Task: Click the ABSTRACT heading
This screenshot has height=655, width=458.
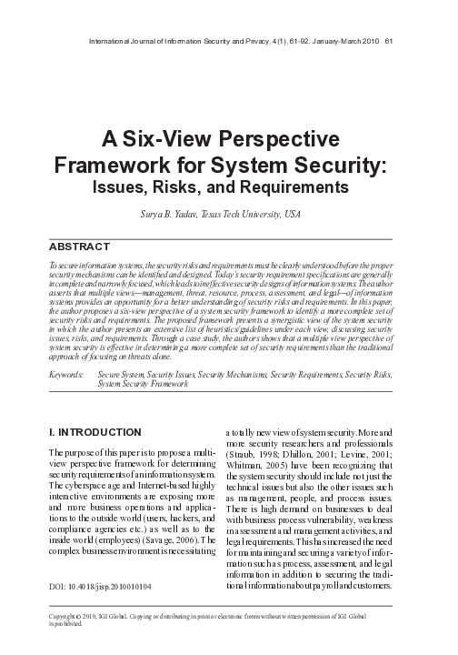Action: pos(78,246)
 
